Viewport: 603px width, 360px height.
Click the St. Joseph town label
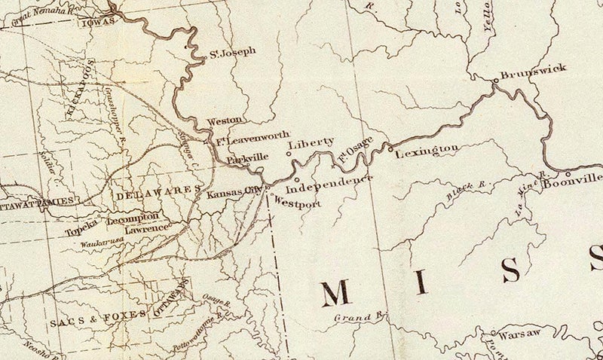pyautogui.click(x=233, y=53)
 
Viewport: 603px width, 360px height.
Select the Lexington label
pyautogui.click(x=427, y=151)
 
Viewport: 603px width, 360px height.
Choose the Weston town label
pyautogui.click(x=224, y=120)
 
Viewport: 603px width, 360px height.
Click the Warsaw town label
pyautogui.click(x=516, y=332)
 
